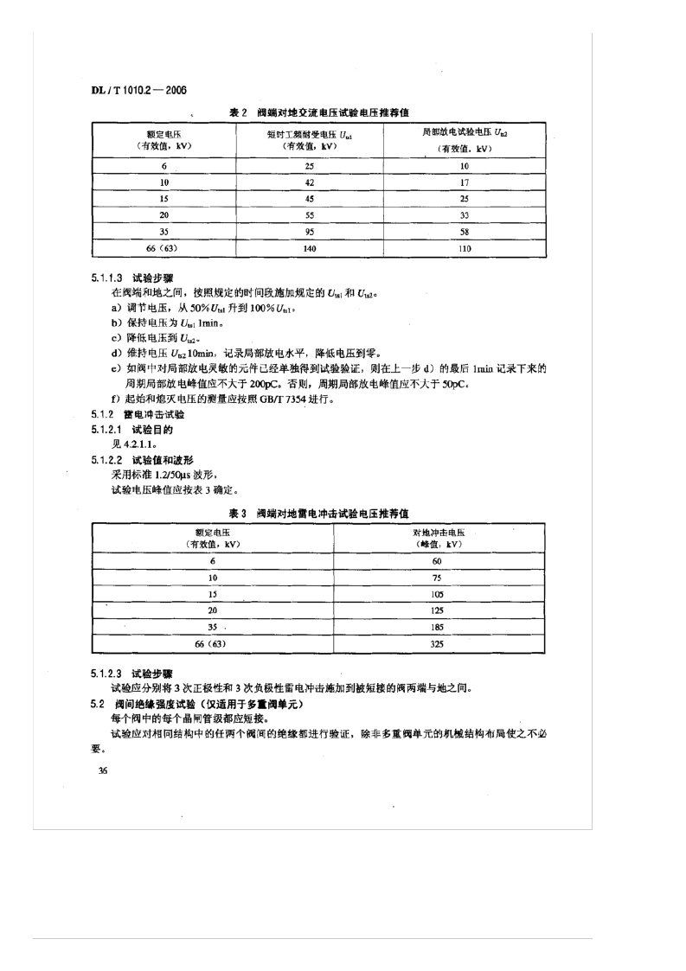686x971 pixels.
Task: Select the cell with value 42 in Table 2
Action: click(310, 182)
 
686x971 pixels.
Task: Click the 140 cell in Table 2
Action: click(310, 248)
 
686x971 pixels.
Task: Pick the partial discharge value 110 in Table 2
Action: click(464, 248)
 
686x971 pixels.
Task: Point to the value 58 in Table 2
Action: click(464, 232)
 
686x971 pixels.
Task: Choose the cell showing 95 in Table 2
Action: click(310, 232)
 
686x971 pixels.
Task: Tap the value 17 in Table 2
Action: click(464, 182)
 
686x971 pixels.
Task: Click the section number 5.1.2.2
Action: click(106, 461)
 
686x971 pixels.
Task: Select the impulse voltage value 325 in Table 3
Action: click(437, 644)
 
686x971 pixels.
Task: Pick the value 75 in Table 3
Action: click(437, 578)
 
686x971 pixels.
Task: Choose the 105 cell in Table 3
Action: click(437, 595)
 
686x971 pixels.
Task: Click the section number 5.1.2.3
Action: click(106, 672)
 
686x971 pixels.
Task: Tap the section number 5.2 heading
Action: click(98, 705)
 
